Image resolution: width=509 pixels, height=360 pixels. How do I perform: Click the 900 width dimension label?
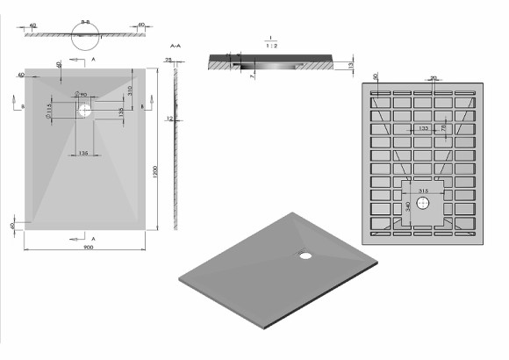[88, 247]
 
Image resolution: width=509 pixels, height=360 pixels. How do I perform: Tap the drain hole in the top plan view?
[86, 111]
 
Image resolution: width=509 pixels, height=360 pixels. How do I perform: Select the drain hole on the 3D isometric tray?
[305, 256]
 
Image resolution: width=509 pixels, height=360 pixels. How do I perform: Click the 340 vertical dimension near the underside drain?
[407, 208]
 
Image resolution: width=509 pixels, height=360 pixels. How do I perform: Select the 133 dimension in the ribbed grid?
[425, 128]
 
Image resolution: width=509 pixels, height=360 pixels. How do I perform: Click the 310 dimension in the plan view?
[129, 90]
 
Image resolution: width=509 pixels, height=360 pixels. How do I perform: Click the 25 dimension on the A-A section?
[168, 60]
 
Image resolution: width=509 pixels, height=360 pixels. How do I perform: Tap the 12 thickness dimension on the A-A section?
[170, 118]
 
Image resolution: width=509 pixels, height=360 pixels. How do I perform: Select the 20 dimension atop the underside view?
[435, 77]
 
